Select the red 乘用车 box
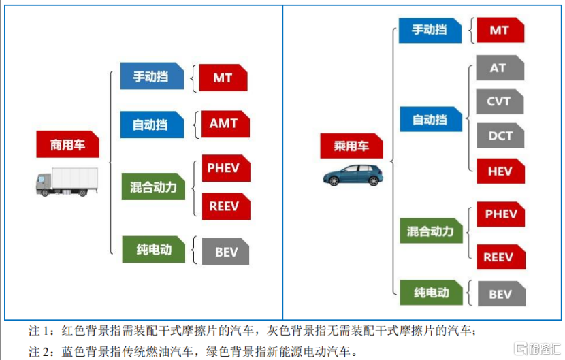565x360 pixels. [x=351, y=146]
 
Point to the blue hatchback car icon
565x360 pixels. [x=353, y=175]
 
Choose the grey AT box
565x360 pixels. [x=499, y=69]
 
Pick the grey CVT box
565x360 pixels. [x=499, y=101]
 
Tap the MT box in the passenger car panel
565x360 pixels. [x=499, y=31]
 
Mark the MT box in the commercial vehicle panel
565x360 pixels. [x=223, y=78]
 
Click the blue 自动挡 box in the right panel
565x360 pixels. [x=430, y=120]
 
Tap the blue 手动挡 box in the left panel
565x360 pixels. [x=151, y=76]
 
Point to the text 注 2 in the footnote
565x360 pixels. [x=39, y=351]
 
